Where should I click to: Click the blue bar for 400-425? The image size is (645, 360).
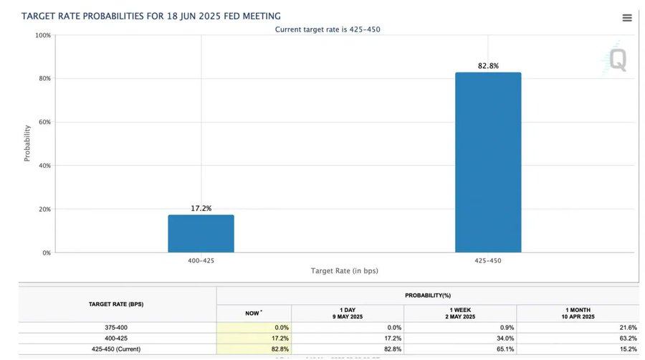[201, 233]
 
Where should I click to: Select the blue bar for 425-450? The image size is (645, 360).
[488, 162]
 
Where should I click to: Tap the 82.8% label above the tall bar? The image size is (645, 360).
[488, 66]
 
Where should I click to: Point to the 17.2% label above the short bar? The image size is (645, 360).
[201, 208]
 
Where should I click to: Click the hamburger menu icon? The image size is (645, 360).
[627, 18]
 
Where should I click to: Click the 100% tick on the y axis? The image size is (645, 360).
[43, 35]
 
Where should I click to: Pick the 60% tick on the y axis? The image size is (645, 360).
[44, 122]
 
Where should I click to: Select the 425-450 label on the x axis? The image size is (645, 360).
[488, 260]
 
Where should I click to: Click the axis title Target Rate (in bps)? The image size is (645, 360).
[344, 271]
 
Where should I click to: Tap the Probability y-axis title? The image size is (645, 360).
[27, 143]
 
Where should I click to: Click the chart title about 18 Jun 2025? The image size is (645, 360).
[151, 16]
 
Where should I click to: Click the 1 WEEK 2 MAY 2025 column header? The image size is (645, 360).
[460, 313]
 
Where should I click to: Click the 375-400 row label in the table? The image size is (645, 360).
[116, 328]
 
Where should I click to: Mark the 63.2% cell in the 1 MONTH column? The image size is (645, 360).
[627, 338]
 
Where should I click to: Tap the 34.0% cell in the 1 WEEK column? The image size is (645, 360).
[505, 338]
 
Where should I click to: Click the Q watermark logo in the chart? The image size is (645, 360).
[617, 60]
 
